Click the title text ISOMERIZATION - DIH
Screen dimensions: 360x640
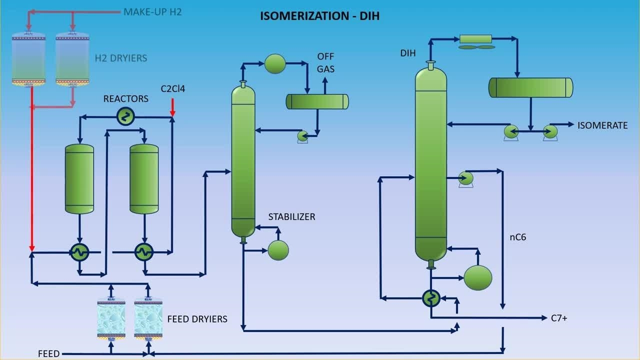coord(319,16)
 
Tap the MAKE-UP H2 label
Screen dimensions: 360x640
coord(152,11)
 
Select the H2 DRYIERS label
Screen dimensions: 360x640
coord(121,58)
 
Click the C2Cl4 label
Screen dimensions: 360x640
coord(173,88)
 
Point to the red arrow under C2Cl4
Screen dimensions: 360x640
coord(172,107)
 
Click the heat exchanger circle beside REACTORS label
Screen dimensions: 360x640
coord(125,116)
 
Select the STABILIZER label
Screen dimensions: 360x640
coord(292,216)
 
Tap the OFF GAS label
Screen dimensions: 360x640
coord(325,62)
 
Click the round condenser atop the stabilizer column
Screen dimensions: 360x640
coord(274,63)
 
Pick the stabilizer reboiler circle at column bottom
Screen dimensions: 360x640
coord(278,250)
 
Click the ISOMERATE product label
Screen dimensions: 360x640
coord(602,125)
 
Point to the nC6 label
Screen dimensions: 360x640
coord(517,237)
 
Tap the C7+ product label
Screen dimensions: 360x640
coord(558,317)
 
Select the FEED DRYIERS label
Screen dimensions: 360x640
coord(197,319)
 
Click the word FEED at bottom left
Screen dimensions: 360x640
coord(48,354)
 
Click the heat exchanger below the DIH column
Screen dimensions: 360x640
coord(430,298)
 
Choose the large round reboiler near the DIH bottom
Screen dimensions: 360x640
coord(477,277)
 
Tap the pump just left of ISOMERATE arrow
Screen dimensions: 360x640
coord(550,131)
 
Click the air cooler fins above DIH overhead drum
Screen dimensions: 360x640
coord(476,47)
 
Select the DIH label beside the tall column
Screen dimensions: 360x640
coord(408,53)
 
